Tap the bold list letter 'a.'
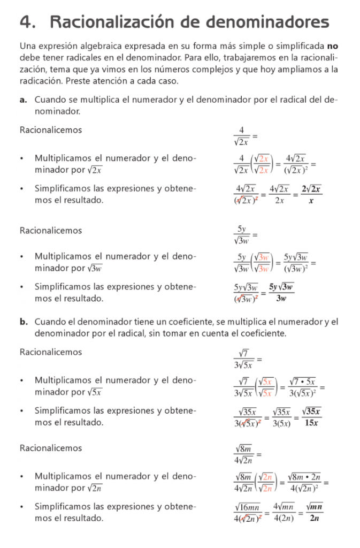click(x=24, y=100)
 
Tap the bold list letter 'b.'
click(x=24, y=322)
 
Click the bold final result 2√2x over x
click(x=311, y=195)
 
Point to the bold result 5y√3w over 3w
click(x=281, y=293)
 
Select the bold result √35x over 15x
click(x=311, y=417)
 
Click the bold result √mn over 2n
click(x=315, y=512)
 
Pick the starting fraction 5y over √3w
click(x=242, y=235)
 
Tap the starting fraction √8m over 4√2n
click(x=244, y=454)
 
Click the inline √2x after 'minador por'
click(x=94, y=170)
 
